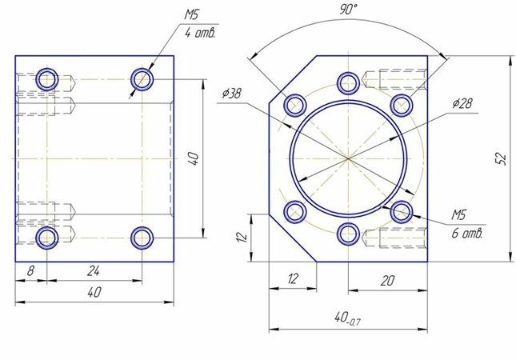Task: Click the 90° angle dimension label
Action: click(x=348, y=9)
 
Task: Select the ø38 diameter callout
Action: click(x=232, y=94)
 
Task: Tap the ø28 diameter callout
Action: click(x=462, y=103)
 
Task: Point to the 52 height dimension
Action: click(x=501, y=158)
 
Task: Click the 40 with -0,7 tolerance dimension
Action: click(x=347, y=318)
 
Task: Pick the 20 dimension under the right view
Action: click(x=387, y=281)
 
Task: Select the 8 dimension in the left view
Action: click(x=30, y=271)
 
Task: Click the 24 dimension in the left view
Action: click(x=94, y=271)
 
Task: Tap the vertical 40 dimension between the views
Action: click(x=195, y=158)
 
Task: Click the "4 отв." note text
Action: click(x=200, y=34)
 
